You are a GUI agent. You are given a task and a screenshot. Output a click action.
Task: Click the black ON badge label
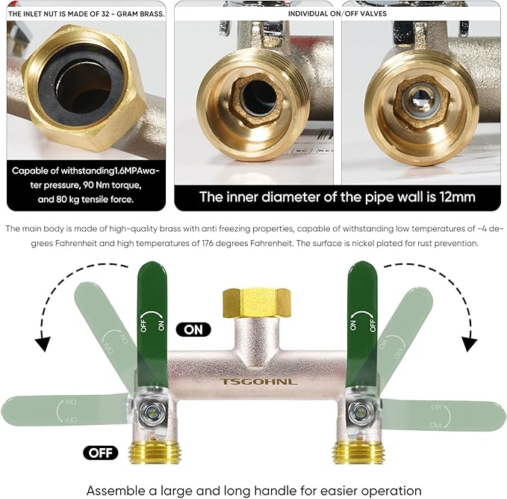[x=193, y=329]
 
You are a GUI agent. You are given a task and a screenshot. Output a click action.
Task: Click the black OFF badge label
[x=101, y=453]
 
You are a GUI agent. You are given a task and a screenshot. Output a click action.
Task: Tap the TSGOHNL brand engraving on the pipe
[x=258, y=382]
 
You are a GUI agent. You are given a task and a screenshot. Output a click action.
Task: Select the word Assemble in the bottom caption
[x=113, y=491]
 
